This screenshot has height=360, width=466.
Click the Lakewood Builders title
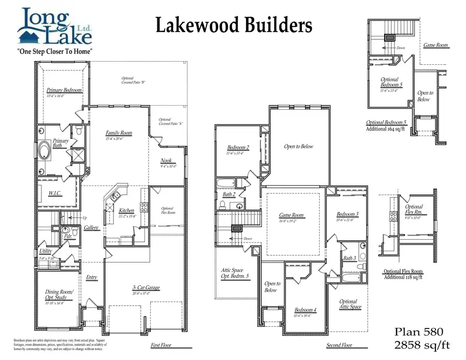(x=234, y=24)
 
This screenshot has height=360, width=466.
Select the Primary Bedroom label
(x=64, y=90)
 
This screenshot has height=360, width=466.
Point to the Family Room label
(x=119, y=133)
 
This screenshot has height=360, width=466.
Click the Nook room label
(x=166, y=161)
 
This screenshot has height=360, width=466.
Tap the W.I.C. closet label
(x=56, y=194)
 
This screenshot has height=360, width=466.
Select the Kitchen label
(x=126, y=211)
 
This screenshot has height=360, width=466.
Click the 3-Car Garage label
(x=145, y=287)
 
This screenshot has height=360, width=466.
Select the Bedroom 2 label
(x=238, y=148)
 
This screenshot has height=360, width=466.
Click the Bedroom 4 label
(x=305, y=310)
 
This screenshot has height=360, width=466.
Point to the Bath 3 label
(x=349, y=258)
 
